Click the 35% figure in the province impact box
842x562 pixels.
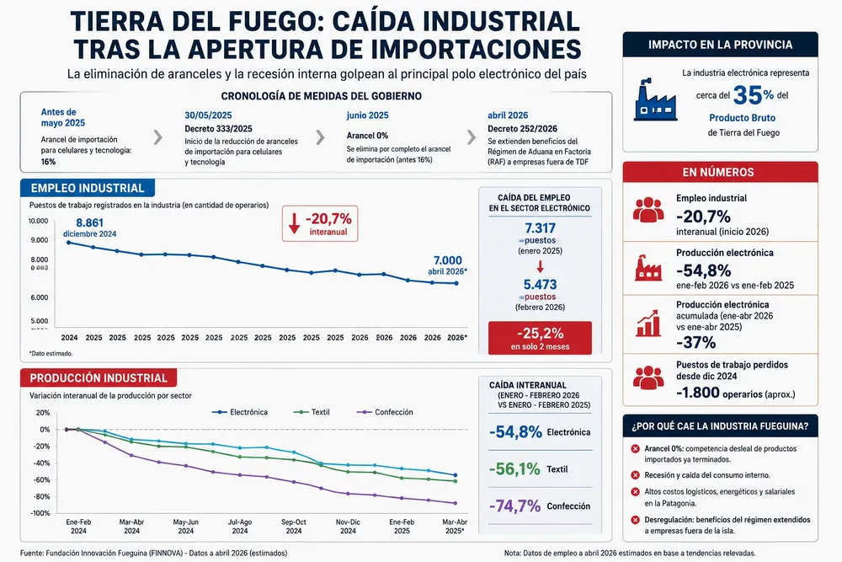pos(754,96)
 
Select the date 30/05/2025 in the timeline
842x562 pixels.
pos(208,115)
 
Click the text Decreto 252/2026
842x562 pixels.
pos(523,128)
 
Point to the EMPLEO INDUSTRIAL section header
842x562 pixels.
pos(88,188)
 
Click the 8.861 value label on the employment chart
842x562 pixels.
pos(90,222)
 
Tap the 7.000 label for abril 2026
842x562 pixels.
pos(448,260)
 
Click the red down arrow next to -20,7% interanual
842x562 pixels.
pos(294,223)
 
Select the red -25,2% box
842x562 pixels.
pos(541,338)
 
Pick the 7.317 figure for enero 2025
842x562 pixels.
pos(541,228)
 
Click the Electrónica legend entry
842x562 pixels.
pos(240,412)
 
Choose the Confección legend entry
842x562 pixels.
pos(385,412)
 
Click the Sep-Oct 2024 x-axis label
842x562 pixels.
pos(294,526)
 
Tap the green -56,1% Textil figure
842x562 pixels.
pos(514,469)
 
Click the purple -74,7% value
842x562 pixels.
pos(514,506)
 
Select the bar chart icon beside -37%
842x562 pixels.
pos(648,324)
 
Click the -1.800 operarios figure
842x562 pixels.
pos(697,393)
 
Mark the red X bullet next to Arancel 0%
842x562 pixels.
pos(635,448)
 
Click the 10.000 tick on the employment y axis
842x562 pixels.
pos(38,221)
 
